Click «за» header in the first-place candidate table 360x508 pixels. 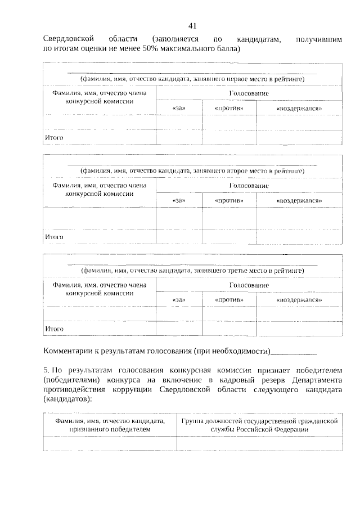pyautogui.click(x=179, y=107)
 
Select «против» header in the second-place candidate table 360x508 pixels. pyautogui.click(x=229, y=200)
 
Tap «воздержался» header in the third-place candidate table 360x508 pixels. pyautogui.click(x=299, y=300)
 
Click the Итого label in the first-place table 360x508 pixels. pyautogui.click(x=54, y=137)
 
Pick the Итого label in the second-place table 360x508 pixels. pyautogui.click(x=54, y=237)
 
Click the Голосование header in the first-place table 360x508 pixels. pyautogui.click(x=249, y=93)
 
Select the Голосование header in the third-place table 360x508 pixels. pyautogui.click(x=249, y=285)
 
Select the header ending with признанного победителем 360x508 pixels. pyautogui.click(x=110, y=429)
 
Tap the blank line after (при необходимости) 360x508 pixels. pyautogui.click(x=294, y=353)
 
